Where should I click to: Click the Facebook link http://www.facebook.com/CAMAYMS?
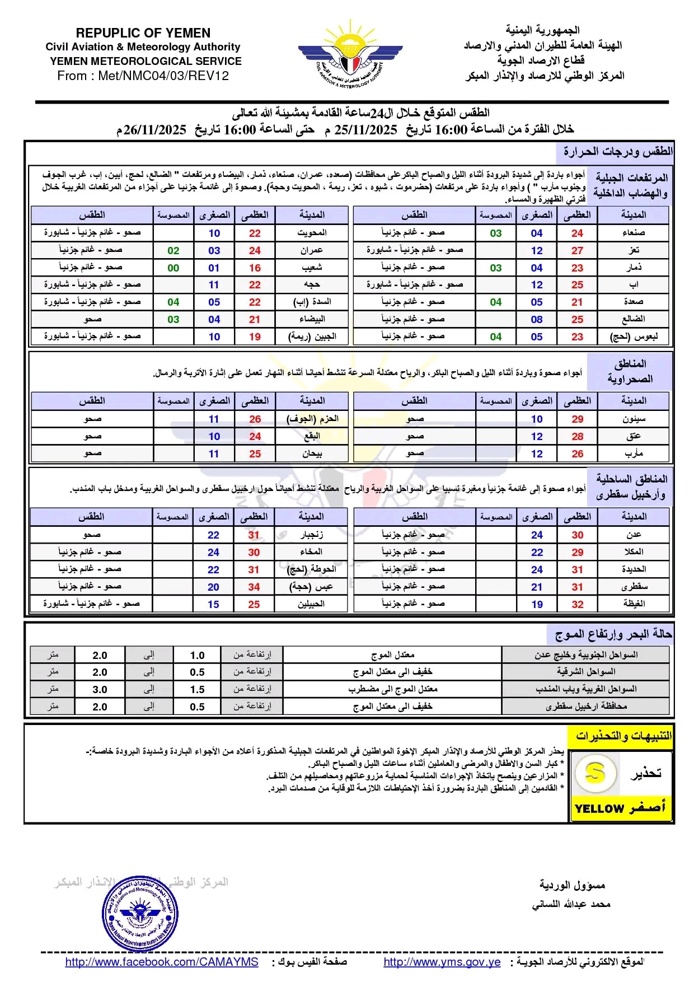162,962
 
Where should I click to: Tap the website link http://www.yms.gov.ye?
442,962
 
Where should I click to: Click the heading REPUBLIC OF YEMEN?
143,33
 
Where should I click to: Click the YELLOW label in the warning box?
599,808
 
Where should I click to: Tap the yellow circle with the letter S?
595,773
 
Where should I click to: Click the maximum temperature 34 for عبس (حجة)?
254,587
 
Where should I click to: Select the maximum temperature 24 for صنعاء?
577,233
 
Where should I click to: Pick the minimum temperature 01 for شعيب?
214,268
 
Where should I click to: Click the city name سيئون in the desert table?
634,419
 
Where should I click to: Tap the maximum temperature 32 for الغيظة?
577,604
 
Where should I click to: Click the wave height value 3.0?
100,689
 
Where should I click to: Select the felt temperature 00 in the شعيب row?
173,268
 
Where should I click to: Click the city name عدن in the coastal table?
634,535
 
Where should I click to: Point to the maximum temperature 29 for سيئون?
577,419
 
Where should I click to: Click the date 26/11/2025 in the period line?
155,130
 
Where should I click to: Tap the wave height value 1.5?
197,689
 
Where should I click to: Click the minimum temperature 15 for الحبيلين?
213,604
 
